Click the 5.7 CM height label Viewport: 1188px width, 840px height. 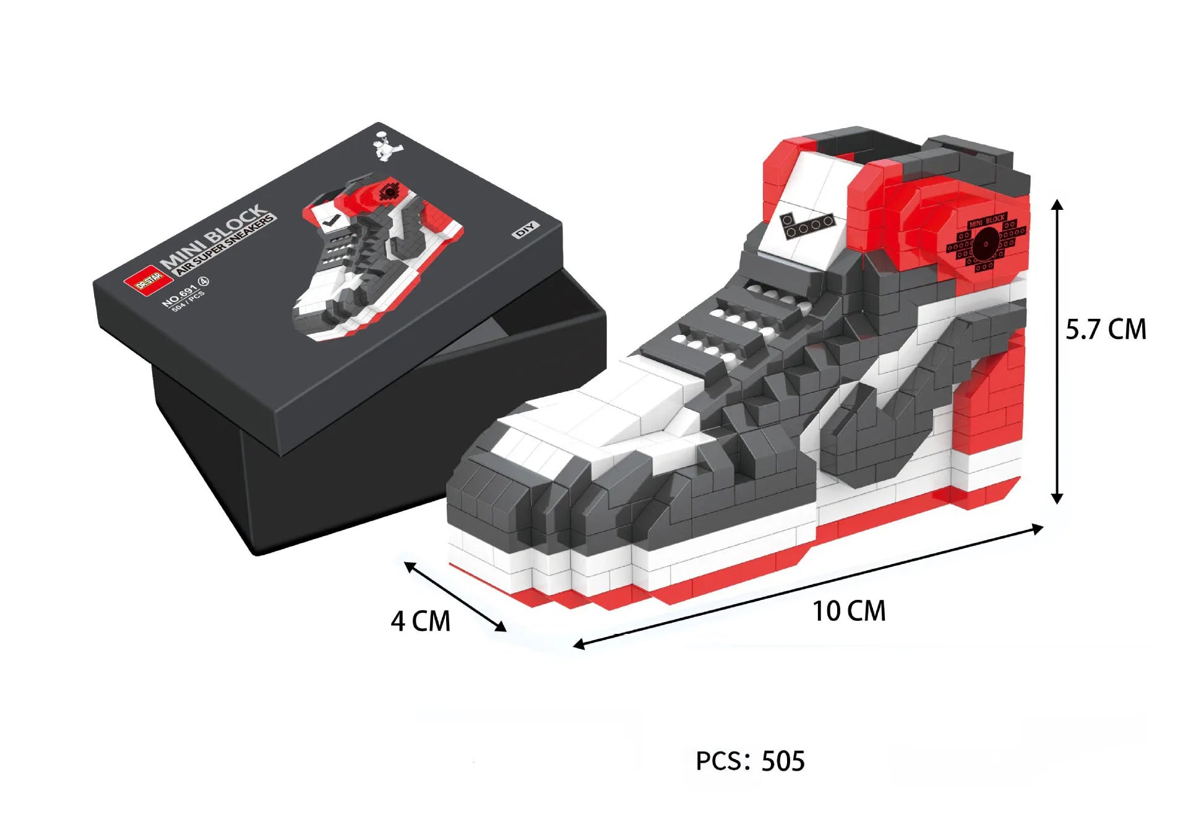coord(1106,329)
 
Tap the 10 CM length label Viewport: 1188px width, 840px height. coord(849,611)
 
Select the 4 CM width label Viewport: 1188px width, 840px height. coord(421,621)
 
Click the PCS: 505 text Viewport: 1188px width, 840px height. coord(750,761)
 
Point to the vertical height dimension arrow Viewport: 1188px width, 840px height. coord(1057,351)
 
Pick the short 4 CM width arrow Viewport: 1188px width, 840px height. coord(455,596)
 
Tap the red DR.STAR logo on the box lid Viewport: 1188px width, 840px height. coord(148,282)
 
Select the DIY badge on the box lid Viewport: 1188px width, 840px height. coord(526,230)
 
